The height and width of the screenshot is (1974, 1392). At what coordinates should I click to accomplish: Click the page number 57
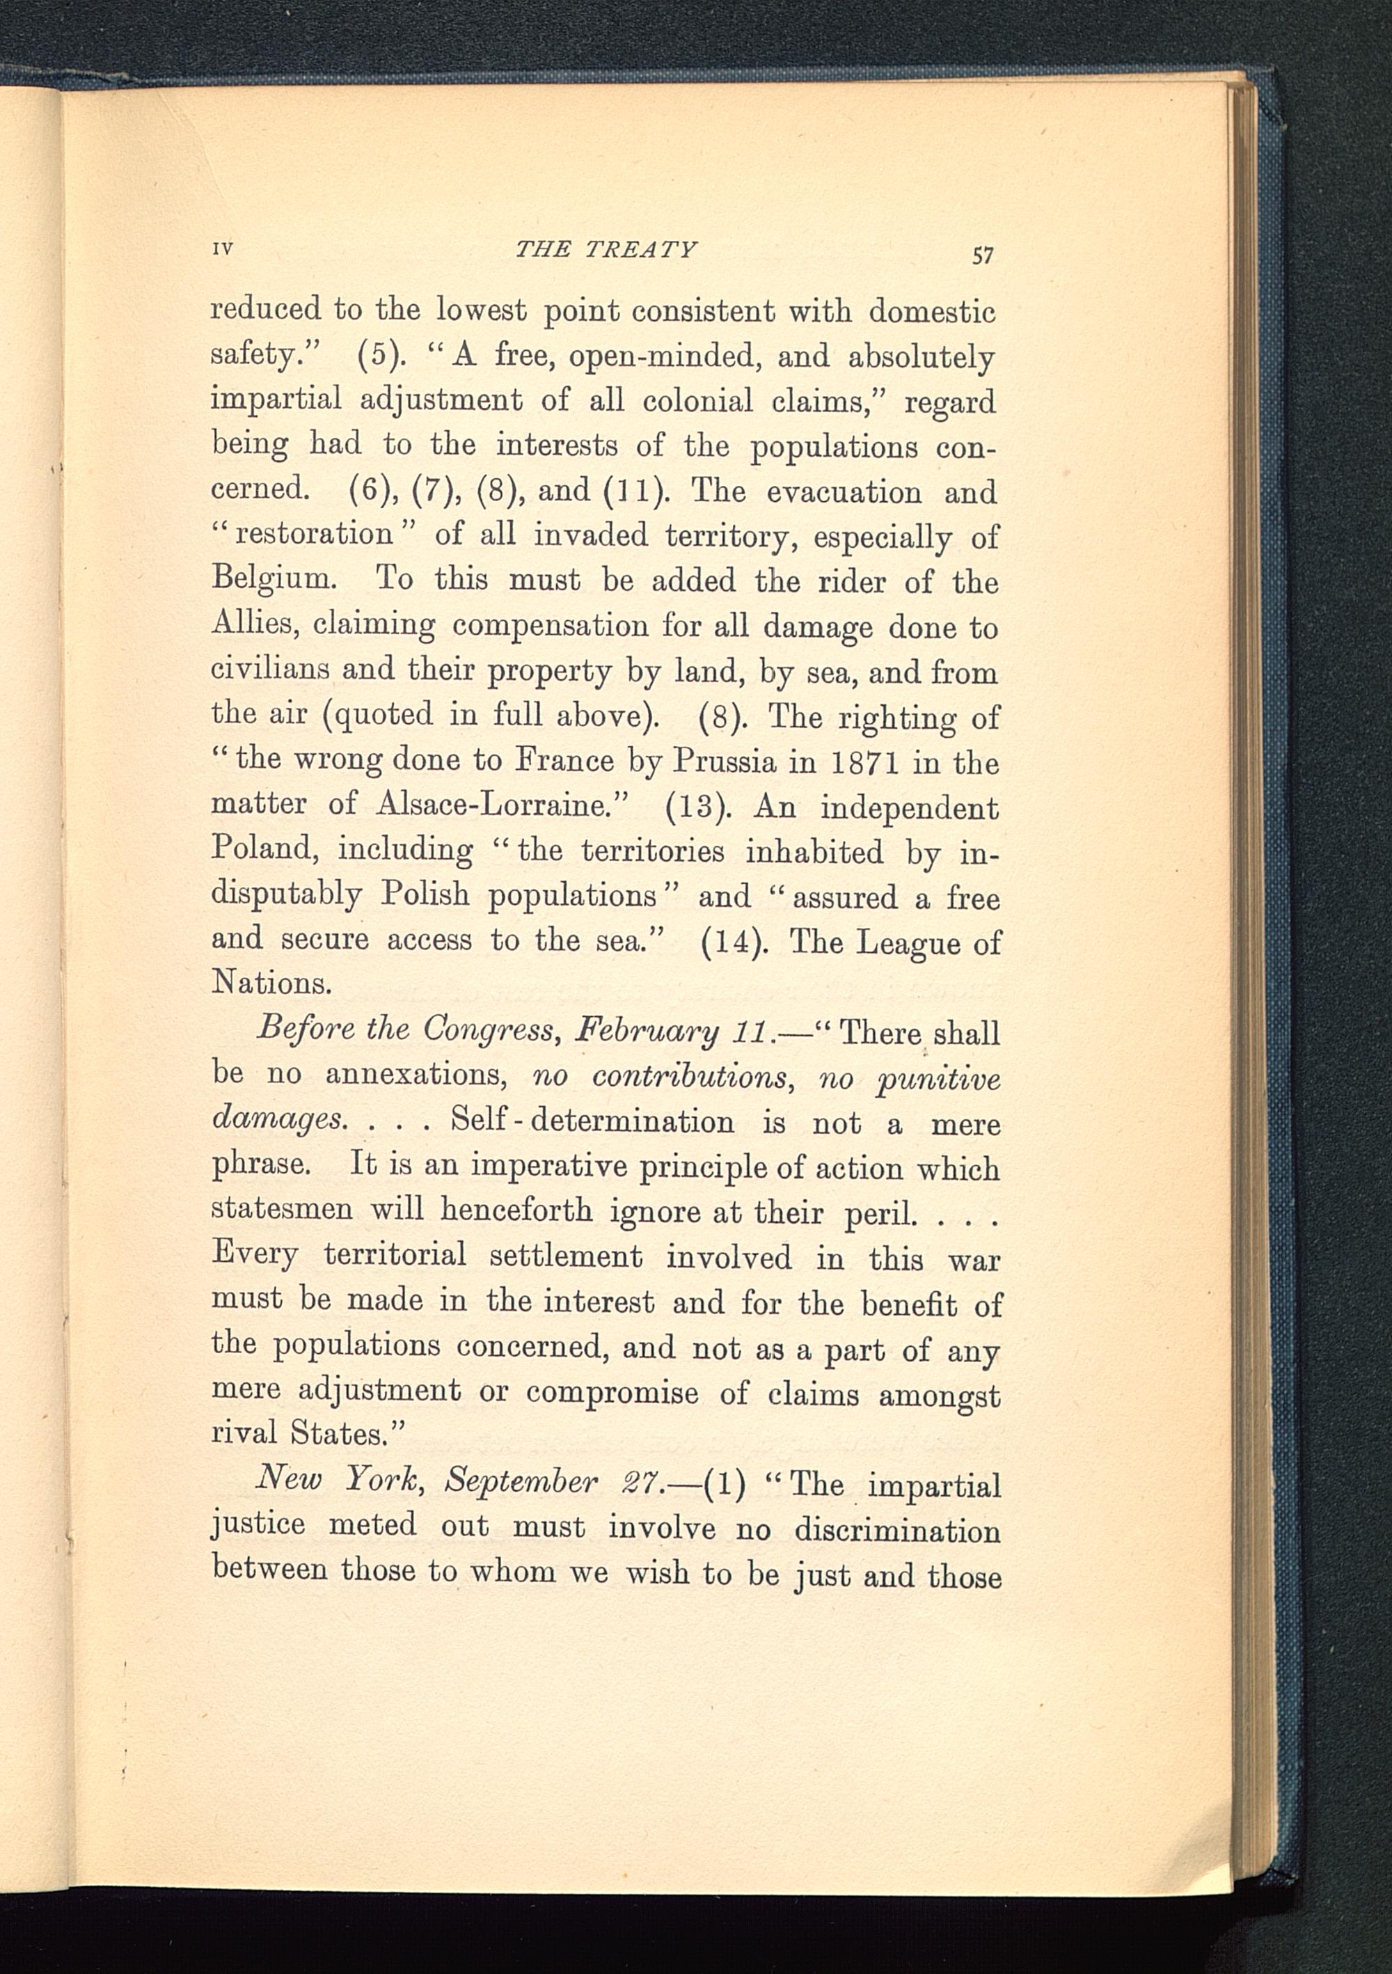[x=983, y=255]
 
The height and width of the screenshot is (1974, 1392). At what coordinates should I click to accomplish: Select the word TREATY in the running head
[x=640, y=249]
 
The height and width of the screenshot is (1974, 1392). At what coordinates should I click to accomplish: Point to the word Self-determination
[x=593, y=1123]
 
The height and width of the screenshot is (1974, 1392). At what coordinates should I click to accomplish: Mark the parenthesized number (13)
[x=698, y=808]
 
